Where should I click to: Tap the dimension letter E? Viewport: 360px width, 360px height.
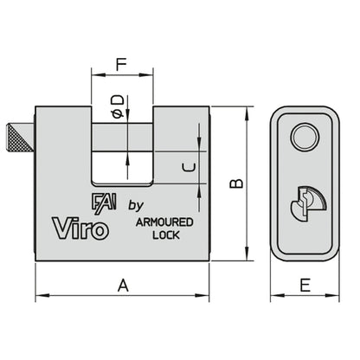click(x=304, y=283)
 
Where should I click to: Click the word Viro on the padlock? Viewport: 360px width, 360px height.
click(x=81, y=228)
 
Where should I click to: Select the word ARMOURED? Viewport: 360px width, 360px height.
click(x=164, y=222)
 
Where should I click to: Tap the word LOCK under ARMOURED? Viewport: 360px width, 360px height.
click(x=165, y=235)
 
